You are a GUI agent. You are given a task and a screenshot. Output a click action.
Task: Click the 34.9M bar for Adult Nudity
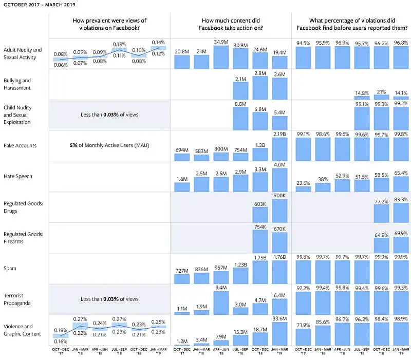click(x=221, y=57)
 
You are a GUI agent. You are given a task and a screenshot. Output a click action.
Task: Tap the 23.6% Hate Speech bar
click(x=303, y=188)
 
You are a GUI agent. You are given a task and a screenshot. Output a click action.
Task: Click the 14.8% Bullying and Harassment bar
click(x=362, y=98)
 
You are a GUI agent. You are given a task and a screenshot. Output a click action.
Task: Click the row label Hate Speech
click(x=17, y=176)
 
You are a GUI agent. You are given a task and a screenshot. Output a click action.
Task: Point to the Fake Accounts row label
click(x=20, y=145)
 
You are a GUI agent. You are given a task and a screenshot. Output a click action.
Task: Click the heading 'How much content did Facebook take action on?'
click(x=231, y=24)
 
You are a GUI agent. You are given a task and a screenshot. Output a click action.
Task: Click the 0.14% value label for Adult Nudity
click(x=158, y=42)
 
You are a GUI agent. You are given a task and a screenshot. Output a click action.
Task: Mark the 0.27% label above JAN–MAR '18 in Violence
click(x=80, y=319)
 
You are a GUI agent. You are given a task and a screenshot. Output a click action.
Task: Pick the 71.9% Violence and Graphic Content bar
click(x=303, y=334)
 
